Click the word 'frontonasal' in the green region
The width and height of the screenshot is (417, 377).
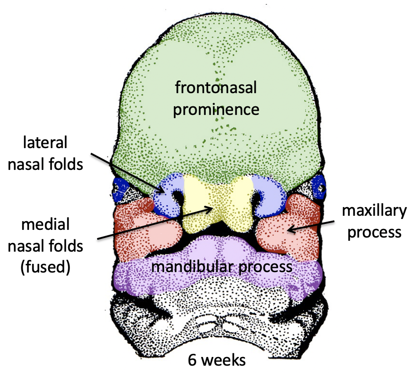216,87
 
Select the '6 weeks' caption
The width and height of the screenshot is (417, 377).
217,360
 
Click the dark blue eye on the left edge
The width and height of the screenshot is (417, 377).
120,187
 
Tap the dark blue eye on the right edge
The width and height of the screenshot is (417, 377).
319,186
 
